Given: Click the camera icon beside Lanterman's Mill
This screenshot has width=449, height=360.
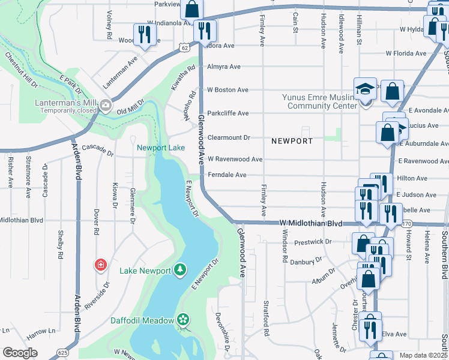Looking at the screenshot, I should tap(106, 106).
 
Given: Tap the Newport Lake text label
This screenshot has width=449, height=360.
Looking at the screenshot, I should tap(160, 148).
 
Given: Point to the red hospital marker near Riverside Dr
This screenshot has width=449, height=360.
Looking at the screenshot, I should tap(101, 265).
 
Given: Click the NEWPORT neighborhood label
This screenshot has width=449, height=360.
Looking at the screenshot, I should tap(292, 141).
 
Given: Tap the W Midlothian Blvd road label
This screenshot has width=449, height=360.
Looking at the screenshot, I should tap(310, 223).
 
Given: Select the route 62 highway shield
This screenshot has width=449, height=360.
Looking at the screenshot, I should tap(184, 47).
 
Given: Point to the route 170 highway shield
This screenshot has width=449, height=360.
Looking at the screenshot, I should tap(407, 224).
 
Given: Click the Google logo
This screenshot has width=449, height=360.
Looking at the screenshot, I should tap(20, 353).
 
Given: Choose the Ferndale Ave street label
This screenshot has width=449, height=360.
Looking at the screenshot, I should tap(227, 175).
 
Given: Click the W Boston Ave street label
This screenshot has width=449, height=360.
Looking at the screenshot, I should tap(228, 90).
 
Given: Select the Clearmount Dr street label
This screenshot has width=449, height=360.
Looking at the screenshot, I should tap(229, 137).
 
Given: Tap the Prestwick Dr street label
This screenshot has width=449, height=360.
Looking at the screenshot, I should tap(313, 242).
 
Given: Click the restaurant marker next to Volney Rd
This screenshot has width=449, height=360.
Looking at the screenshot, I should tap(144, 34).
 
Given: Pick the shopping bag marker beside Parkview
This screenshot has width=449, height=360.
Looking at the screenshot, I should tap(193, 9).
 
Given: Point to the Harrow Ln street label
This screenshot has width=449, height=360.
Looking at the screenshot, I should tap(41, 331).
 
